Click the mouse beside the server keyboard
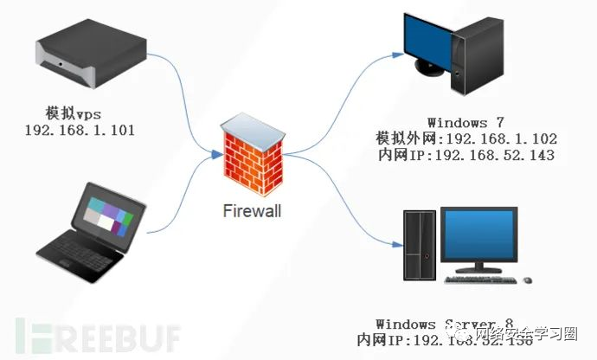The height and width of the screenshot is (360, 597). pos(527,280)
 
